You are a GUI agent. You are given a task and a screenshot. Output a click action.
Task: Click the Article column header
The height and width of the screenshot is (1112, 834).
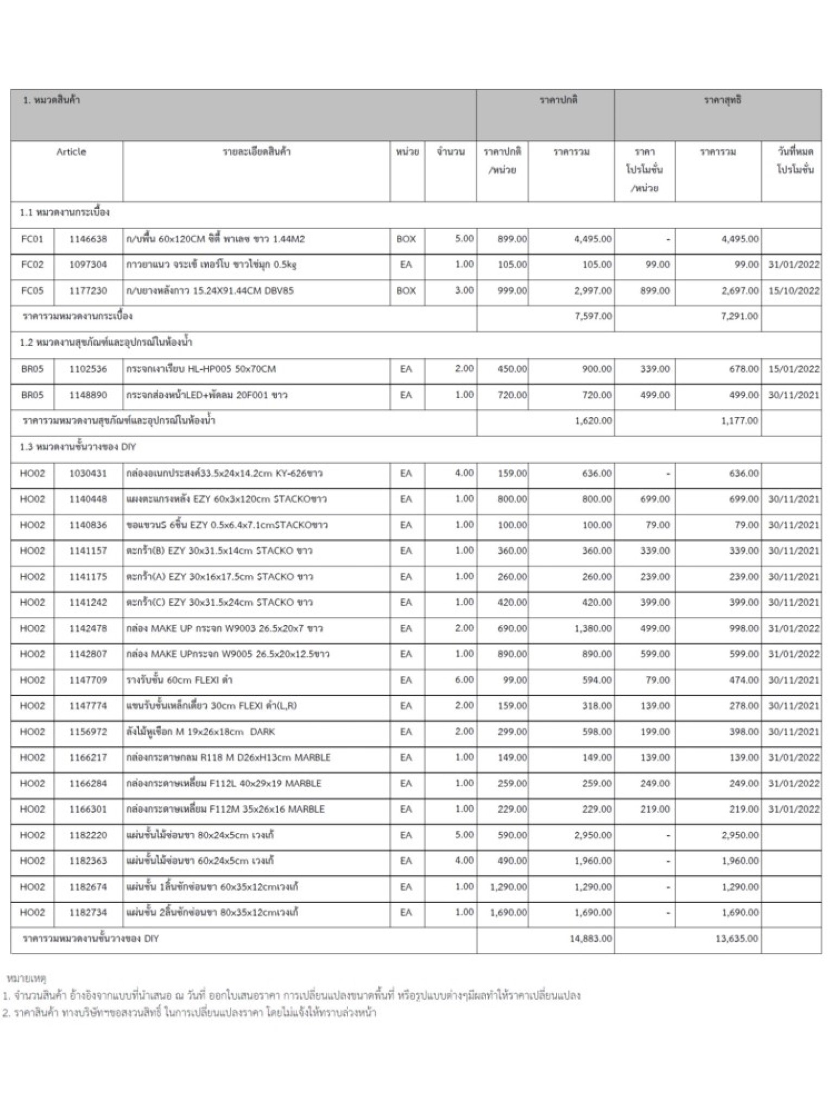coord(71,152)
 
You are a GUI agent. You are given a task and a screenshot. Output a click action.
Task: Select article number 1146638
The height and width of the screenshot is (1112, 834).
coord(88,239)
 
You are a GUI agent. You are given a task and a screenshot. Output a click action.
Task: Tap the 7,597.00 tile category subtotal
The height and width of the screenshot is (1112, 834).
coord(593,316)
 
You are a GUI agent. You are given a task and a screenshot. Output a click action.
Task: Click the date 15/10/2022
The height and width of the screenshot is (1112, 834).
coord(793,290)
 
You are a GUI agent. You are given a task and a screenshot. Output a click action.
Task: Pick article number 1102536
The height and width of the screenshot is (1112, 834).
coord(88,369)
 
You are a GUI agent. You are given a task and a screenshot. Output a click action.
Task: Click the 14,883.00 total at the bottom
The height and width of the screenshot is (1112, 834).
coord(591,939)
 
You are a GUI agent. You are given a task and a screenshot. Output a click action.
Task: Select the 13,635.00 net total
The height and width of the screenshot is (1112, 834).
coord(737,939)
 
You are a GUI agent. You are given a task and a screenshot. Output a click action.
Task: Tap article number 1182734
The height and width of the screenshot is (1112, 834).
coord(88,913)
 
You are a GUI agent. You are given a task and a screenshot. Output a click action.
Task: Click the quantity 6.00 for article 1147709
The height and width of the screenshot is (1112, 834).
coord(464,680)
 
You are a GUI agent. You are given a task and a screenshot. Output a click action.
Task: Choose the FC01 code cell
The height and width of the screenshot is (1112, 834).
coord(32,239)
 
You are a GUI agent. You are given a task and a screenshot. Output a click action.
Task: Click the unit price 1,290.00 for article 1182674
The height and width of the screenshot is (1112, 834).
coord(508,887)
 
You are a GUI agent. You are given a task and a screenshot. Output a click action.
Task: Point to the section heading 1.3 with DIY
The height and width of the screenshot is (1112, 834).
coord(78,447)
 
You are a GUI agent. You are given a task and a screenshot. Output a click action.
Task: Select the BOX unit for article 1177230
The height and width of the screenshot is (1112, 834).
coord(406,290)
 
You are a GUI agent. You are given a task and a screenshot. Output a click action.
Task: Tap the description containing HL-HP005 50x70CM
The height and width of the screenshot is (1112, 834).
coord(201,369)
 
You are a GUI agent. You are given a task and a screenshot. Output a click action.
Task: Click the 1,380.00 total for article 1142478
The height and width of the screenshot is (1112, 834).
coord(593,628)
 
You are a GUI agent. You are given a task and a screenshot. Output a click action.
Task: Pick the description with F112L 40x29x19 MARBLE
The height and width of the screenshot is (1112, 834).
coord(224,784)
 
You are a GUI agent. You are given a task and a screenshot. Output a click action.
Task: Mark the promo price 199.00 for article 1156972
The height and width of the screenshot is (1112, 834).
coord(655,732)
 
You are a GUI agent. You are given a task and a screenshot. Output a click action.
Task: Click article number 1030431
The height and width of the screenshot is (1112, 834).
coord(88,473)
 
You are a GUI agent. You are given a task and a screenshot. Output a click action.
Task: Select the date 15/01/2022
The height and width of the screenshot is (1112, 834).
coord(793,369)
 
